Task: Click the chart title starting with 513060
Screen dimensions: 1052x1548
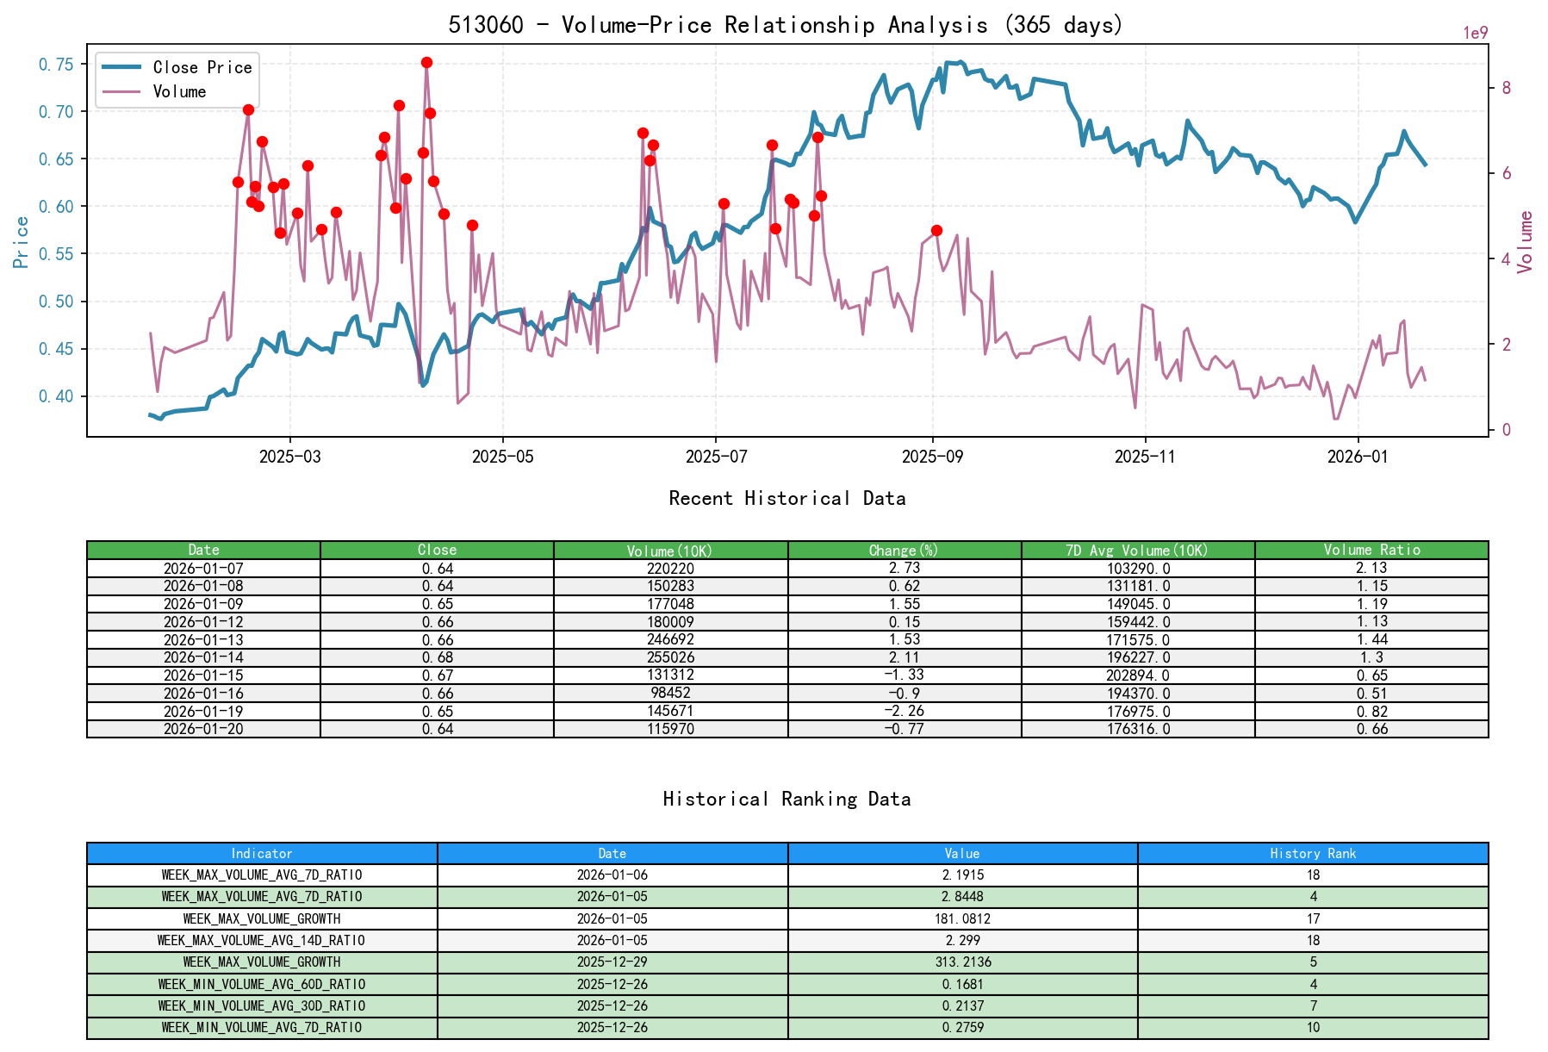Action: pyautogui.click(x=785, y=24)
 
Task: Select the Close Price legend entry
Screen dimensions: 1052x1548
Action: pyautogui.click(x=202, y=67)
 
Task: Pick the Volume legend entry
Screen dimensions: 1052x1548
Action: pyautogui.click(x=179, y=91)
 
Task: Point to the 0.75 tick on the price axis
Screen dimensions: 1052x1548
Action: pyautogui.click(x=56, y=65)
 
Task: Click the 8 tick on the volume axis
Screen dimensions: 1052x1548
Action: pyautogui.click(x=1506, y=88)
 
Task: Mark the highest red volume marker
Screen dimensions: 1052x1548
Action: pyautogui.click(x=426, y=62)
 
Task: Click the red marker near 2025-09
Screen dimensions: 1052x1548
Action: pyautogui.click(x=936, y=230)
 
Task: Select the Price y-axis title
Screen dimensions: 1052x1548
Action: pyautogui.click(x=22, y=241)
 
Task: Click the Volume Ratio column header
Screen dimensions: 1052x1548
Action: pyautogui.click(x=1371, y=550)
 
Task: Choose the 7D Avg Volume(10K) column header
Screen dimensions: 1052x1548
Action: pyautogui.click(x=1137, y=550)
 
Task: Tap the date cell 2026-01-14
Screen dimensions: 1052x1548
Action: pyautogui.click(x=203, y=657)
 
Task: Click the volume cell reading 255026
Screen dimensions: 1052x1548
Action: pyautogui.click(x=670, y=657)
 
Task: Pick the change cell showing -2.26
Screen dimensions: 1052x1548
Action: pyautogui.click(x=904, y=711)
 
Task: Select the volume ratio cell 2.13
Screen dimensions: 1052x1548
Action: pyautogui.click(x=1371, y=568)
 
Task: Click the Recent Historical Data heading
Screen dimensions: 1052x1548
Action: pyautogui.click(x=786, y=498)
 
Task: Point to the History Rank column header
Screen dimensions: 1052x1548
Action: pyautogui.click(x=1312, y=853)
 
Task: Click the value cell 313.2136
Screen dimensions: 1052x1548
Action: pyautogui.click(x=962, y=962)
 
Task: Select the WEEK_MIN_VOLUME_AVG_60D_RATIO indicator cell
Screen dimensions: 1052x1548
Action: pyautogui.click(x=261, y=984)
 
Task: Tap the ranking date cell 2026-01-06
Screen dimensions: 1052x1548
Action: pyautogui.click(x=612, y=875)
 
